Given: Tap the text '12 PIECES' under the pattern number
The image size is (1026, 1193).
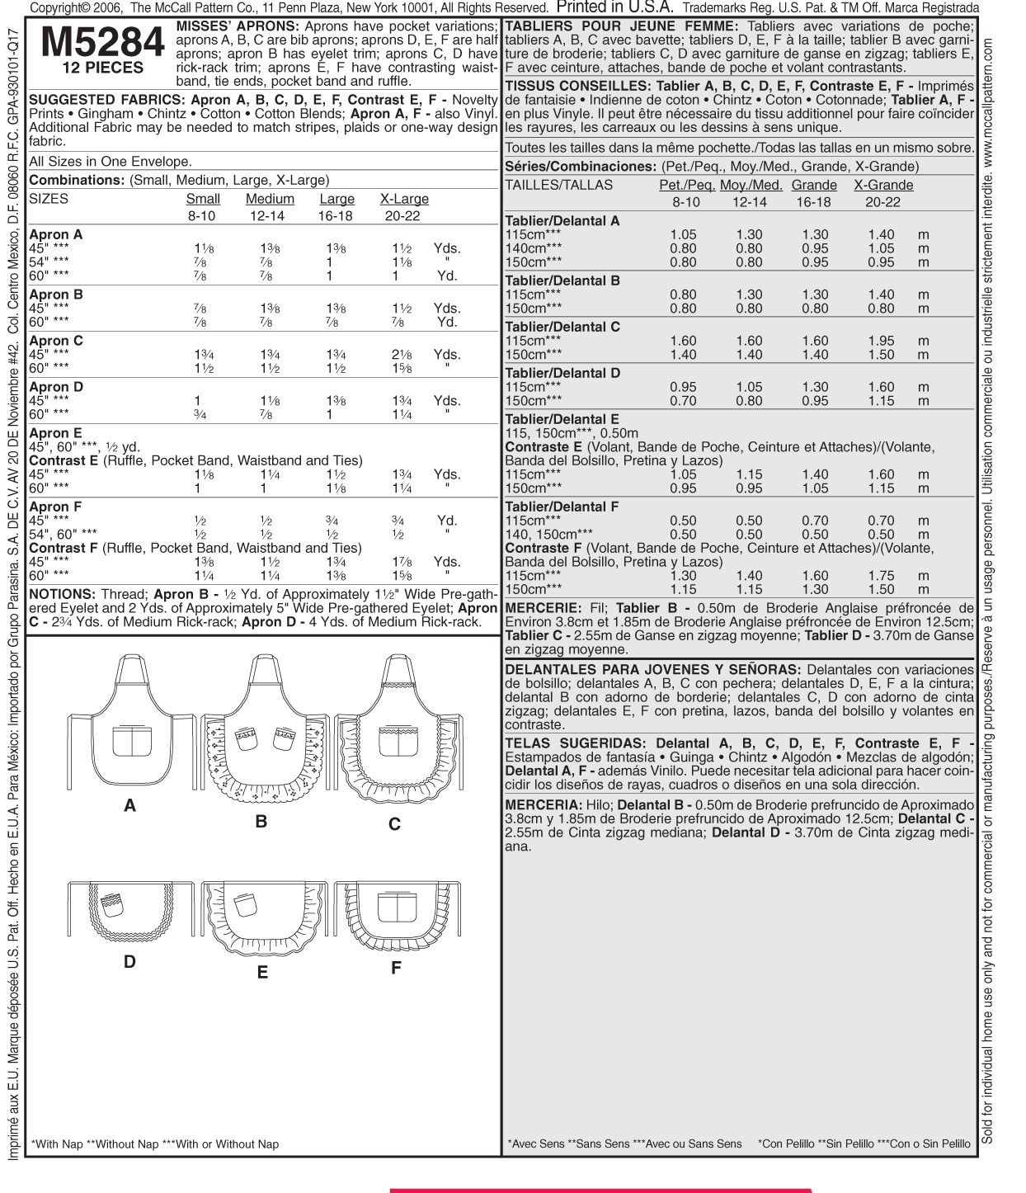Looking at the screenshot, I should pyautogui.click(x=103, y=68).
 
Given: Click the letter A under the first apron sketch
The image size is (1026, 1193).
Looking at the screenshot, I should pyautogui.click(x=129, y=805).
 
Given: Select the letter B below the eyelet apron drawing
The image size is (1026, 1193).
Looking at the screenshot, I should pyautogui.click(x=261, y=821).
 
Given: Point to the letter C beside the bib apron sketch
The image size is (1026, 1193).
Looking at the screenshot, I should pyautogui.click(x=394, y=823).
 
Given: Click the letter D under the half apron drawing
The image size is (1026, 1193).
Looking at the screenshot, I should pyautogui.click(x=129, y=961).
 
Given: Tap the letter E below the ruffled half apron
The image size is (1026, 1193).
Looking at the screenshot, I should pyautogui.click(x=262, y=973).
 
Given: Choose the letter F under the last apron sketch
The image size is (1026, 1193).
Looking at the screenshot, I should pyautogui.click(x=396, y=968).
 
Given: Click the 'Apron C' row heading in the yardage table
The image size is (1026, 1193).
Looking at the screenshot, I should pyautogui.click(x=56, y=341).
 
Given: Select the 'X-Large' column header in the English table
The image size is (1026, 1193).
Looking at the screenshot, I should pyautogui.click(x=404, y=199).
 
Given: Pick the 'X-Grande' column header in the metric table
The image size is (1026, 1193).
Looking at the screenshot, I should pyautogui.click(x=883, y=185).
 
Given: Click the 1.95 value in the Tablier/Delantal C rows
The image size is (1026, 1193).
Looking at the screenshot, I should pyautogui.click(x=881, y=341).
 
